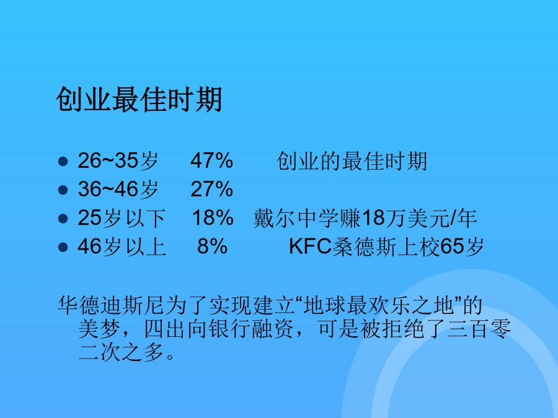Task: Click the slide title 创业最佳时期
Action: point(139,100)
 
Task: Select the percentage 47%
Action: point(212,160)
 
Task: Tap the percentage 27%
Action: point(212,189)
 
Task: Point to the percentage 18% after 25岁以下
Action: point(213,217)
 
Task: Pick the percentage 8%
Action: point(213,246)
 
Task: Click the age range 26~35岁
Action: point(118,160)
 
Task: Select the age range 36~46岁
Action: point(118,189)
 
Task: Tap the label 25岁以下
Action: point(122,217)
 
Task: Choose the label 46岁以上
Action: point(122,246)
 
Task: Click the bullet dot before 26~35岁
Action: point(63,162)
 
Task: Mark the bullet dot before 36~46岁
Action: point(63,190)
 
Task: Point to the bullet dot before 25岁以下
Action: point(63,218)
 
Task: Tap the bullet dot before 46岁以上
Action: point(63,246)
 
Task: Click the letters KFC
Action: point(311,246)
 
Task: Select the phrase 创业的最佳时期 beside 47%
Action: point(352,161)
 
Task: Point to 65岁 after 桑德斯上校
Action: point(462,246)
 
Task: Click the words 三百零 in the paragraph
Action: point(479,329)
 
